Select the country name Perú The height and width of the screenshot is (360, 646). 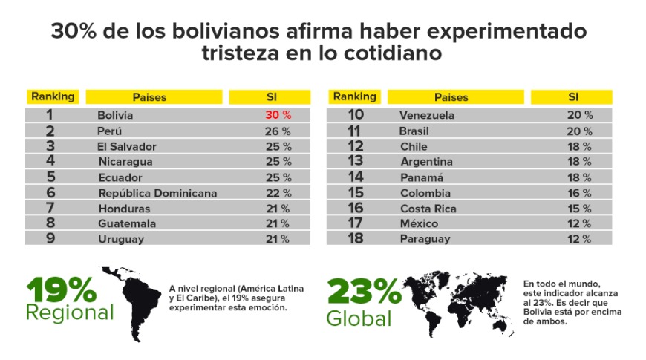pos(111,131)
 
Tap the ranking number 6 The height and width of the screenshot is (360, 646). pos(50,192)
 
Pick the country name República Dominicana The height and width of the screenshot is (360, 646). pos(157,193)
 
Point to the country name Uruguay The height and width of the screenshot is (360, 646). pos(121,239)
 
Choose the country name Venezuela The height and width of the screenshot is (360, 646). pos(427,115)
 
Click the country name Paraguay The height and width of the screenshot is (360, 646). pos(425,239)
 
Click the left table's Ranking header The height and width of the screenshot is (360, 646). pos(52,96)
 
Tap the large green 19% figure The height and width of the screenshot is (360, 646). pos(61,289)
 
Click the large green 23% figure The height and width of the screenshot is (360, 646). pos(365,292)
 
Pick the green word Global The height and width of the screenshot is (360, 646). pos(359,318)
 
